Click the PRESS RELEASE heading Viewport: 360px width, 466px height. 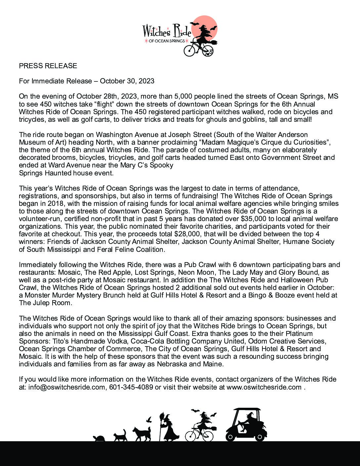[x=48, y=66]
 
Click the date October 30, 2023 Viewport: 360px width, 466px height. [x=127, y=81]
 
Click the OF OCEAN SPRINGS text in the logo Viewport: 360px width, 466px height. [x=167, y=41]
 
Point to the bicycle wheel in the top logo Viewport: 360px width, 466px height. [x=190, y=50]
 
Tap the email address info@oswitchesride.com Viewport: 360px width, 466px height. [x=67, y=387]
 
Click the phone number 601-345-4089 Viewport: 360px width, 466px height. [x=131, y=387]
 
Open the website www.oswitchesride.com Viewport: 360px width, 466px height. [x=264, y=387]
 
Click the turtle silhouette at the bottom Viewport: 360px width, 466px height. [x=99, y=438]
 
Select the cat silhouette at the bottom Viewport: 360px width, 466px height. [x=120, y=436]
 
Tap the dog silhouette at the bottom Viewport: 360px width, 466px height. [x=142, y=434]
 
